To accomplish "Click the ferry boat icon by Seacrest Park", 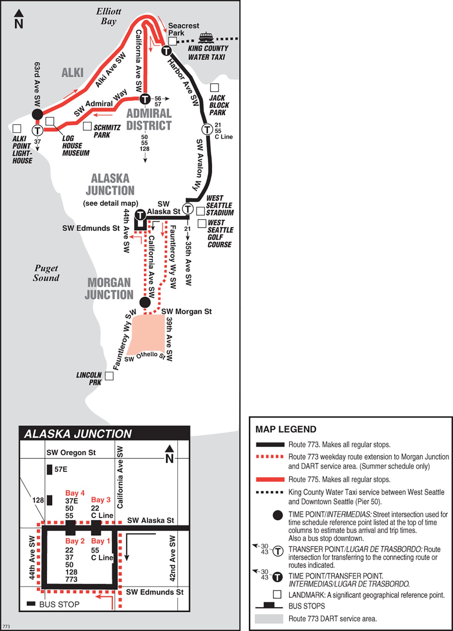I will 206,37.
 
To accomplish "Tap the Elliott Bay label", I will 108,16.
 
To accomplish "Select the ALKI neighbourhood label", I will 72,72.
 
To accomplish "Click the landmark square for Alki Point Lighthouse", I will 17,128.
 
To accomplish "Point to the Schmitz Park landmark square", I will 87,126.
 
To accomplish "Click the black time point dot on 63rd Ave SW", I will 37,114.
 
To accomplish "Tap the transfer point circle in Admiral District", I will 145,99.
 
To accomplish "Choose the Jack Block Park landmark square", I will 214,87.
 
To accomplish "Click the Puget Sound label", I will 46,273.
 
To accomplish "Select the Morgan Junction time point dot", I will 145,302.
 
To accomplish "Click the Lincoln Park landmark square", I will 109,376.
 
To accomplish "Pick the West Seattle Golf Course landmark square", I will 202,223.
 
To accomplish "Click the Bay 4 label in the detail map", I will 75,493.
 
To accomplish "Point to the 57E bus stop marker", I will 50,469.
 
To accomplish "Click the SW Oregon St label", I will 71,452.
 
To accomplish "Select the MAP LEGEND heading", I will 286,429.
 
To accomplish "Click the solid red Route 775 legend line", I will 270,480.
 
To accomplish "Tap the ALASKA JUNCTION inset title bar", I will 104,434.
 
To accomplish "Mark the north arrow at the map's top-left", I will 19,19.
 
